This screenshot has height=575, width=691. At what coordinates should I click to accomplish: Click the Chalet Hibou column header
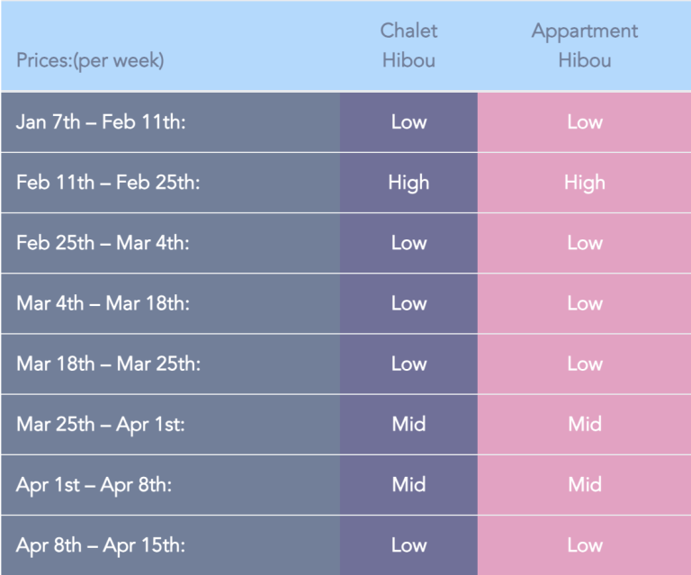408,45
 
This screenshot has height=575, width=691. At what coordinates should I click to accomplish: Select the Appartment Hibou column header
584,45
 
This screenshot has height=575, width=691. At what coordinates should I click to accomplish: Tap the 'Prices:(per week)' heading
90,61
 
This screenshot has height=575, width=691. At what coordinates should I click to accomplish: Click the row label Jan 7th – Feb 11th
101,121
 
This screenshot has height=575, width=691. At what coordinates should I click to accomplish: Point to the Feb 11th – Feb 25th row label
108,182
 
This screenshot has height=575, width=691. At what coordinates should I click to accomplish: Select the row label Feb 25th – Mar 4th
103,243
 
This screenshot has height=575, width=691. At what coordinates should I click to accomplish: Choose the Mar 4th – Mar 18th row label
103,303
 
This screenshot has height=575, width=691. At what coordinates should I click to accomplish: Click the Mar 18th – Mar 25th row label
108,364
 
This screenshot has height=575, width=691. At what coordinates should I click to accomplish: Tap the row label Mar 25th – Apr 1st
101,425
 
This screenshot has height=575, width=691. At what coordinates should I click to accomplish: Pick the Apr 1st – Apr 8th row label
94,485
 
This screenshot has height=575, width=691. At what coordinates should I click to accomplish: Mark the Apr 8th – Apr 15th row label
101,545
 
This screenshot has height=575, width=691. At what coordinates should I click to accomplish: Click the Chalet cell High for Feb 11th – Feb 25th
408,183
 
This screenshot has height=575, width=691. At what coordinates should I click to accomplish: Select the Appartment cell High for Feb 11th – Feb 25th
584,183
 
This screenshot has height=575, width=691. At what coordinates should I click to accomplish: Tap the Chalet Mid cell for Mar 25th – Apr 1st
409,425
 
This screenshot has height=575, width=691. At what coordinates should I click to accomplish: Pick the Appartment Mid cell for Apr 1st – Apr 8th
585,485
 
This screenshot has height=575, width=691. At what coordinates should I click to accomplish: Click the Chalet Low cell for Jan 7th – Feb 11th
409,122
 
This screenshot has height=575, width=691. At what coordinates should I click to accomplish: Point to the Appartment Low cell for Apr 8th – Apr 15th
585,545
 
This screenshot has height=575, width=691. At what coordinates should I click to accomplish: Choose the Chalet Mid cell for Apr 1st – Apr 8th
409,485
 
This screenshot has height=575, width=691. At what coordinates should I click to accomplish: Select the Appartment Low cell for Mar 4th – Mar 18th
585,303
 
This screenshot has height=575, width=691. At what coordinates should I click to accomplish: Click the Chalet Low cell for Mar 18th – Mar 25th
409,364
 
